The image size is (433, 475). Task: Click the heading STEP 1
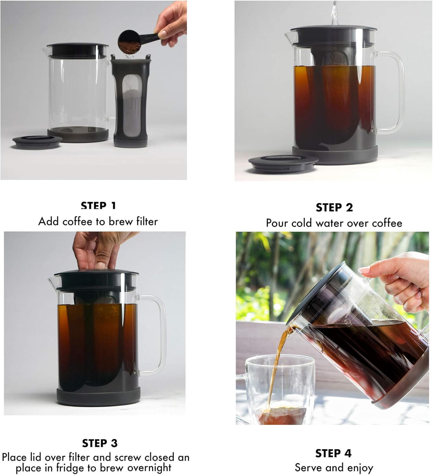click(99, 206)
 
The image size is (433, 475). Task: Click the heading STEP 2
click(334, 207)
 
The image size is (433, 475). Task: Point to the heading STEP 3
click(100, 443)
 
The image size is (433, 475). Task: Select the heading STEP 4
click(333, 453)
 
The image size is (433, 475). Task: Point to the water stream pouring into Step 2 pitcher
click(334, 13)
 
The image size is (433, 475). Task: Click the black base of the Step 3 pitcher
click(98, 397)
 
